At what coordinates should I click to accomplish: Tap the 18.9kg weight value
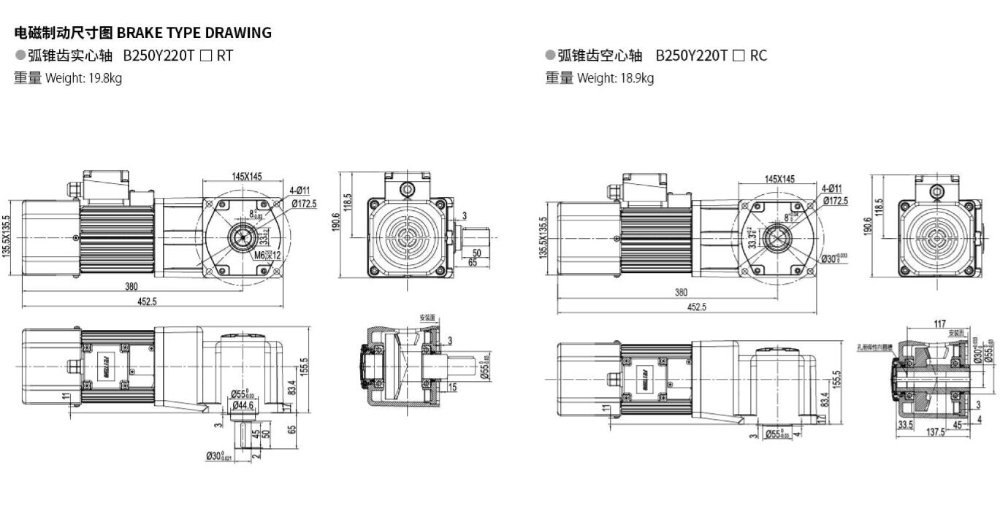[636, 78]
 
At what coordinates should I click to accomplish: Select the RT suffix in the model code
[224, 55]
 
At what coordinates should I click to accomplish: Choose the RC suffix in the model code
[758, 55]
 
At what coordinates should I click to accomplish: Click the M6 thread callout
[260, 255]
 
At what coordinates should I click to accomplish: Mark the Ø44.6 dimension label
[243, 405]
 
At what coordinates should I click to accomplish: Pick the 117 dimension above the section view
[940, 324]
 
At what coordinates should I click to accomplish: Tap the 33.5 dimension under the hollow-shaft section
[905, 424]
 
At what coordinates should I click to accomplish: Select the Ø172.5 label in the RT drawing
[304, 203]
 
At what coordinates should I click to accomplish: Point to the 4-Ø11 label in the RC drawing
[831, 188]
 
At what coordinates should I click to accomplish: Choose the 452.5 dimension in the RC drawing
[697, 307]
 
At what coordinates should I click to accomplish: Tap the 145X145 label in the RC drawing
[779, 179]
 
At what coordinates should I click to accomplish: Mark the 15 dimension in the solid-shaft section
[453, 387]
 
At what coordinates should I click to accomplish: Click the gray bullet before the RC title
[550, 55]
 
